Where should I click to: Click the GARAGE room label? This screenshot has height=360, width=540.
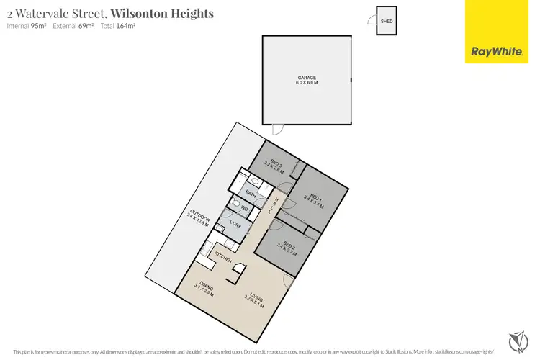pyautogui.click(x=307, y=78)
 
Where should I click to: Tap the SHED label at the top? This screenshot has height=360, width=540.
pyautogui.click(x=387, y=21)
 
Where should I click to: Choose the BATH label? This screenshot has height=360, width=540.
pyautogui.click(x=251, y=194)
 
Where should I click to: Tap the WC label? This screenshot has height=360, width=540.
pyautogui.click(x=245, y=209)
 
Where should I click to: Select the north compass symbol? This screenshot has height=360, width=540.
pyautogui.click(x=516, y=338)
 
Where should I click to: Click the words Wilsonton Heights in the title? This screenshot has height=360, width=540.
pyautogui.click(x=162, y=13)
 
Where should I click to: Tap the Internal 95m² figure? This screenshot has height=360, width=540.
pyautogui.click(x=26, y=26)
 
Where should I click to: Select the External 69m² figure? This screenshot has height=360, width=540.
pyautogui.click(x=71, y=26)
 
